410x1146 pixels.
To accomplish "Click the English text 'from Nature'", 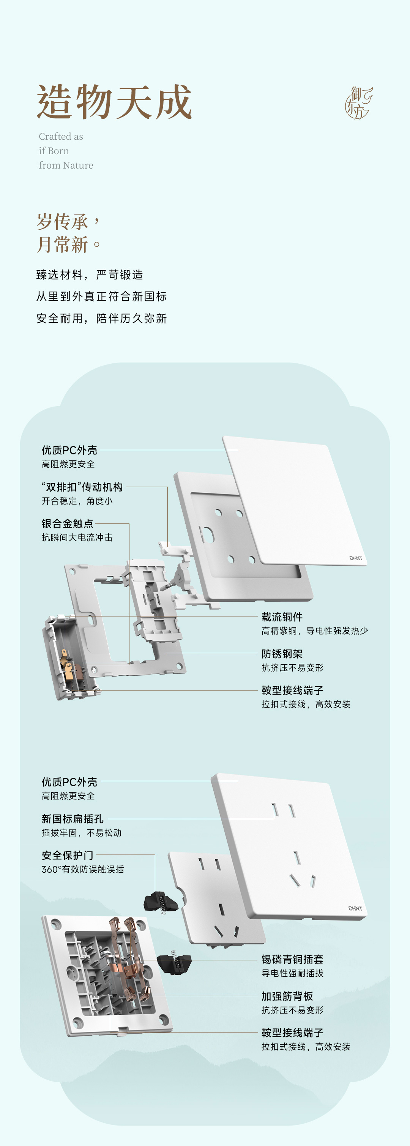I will (66, 166).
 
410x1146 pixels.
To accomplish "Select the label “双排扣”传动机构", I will (82, 487).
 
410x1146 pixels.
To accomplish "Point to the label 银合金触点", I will (68, 523).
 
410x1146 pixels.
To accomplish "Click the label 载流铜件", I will (282, 617).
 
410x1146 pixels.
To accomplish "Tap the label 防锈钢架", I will (282, 654).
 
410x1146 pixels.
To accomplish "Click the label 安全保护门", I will (68, 855).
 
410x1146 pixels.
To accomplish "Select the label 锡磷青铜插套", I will (292, 960).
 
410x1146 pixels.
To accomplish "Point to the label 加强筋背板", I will (287, 996).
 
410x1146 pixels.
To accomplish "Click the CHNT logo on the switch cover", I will (356, 558).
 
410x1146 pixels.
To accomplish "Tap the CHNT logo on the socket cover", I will (355, 908).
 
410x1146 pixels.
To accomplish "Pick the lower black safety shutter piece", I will (175, 963).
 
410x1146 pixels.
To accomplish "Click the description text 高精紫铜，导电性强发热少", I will (314, 631).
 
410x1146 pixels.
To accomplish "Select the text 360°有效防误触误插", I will (83, 869).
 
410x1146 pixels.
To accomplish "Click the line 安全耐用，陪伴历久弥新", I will (101, 318).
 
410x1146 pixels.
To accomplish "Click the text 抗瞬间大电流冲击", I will (77, 538).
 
